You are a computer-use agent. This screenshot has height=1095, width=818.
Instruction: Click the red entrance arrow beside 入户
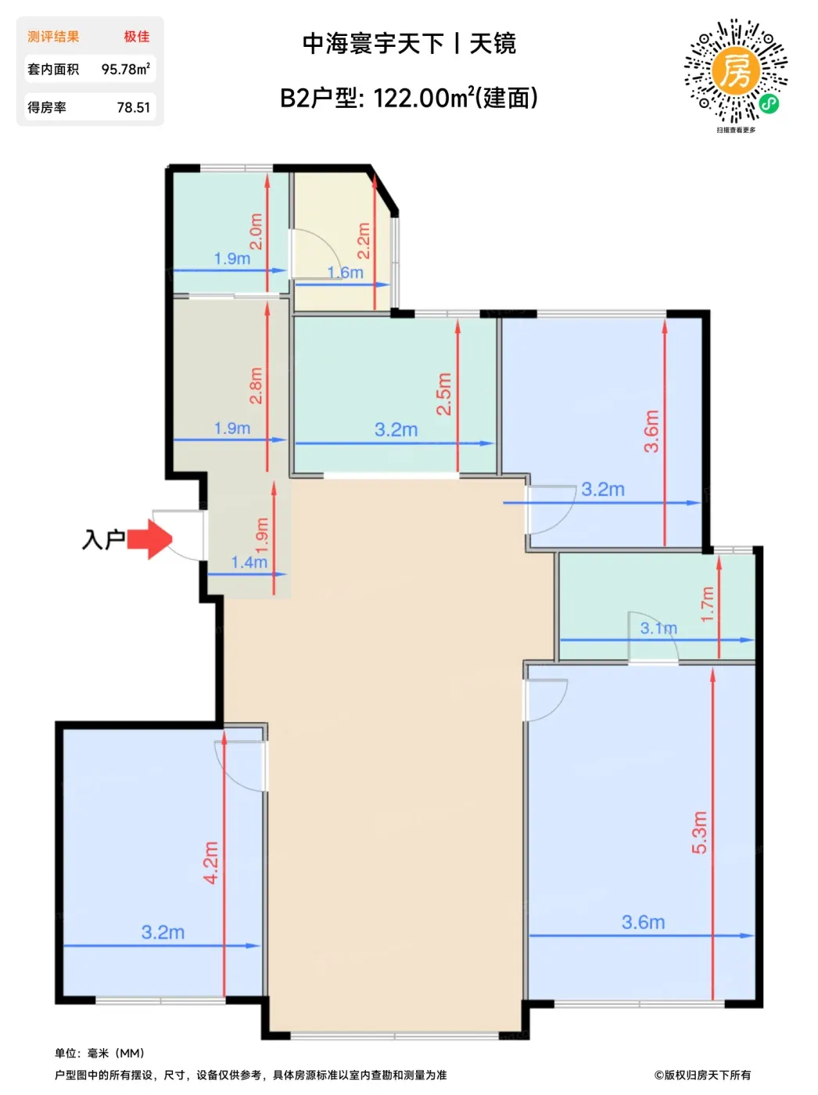149,539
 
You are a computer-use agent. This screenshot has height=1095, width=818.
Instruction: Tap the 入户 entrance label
103,539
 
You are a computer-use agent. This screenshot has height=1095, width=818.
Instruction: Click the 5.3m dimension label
700,833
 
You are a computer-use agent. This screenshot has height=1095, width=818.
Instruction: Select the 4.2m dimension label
211,863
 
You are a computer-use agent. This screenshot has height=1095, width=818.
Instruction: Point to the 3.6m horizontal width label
643,922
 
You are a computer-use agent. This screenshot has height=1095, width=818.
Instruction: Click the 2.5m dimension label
443,393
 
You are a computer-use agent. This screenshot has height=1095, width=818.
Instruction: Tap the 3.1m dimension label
658,628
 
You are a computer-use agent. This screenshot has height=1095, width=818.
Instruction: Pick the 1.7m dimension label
707,604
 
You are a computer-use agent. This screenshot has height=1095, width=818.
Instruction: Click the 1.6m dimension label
345,272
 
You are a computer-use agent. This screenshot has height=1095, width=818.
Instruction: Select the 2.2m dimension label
364,240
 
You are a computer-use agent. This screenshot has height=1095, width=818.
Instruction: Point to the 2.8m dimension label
256,386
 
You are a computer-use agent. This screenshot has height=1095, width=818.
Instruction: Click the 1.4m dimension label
249,562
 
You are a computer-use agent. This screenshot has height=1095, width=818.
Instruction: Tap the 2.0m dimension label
256,232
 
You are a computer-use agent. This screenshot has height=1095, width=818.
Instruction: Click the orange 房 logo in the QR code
736,71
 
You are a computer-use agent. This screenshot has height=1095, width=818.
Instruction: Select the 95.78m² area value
126,69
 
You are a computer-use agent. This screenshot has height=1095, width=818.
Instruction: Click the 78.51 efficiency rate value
133,107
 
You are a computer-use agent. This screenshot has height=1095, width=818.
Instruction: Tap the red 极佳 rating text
137,37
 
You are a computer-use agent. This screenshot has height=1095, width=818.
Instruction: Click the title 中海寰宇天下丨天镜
409,44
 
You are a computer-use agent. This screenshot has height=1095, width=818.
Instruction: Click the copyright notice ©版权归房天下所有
702,1075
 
